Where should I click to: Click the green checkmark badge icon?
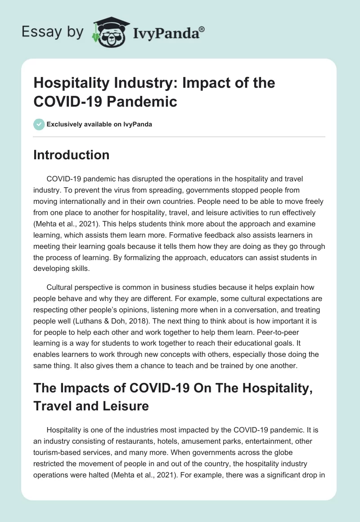coord(39,124)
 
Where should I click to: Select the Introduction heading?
coord(72,155)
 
